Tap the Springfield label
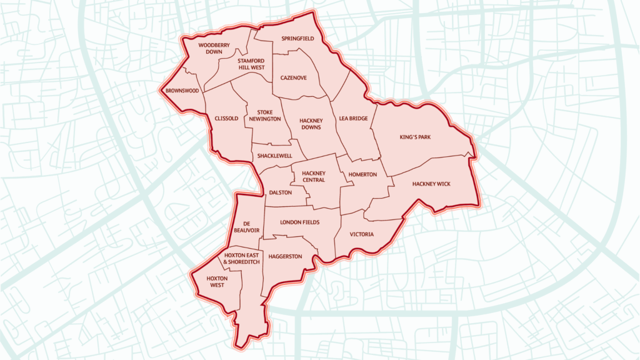point(297,39)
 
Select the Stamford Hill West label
point(250,64)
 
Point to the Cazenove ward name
point(293,78)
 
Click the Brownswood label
point(182,91)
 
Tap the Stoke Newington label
point(264,115)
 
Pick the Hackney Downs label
point(310,124)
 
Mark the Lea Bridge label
point(353,118)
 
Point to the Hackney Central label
point(313,177)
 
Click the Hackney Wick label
point(431,184)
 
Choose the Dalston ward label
point(280,193)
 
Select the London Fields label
point(300,222)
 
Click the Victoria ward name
point(362,234)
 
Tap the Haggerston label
point(285,257)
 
